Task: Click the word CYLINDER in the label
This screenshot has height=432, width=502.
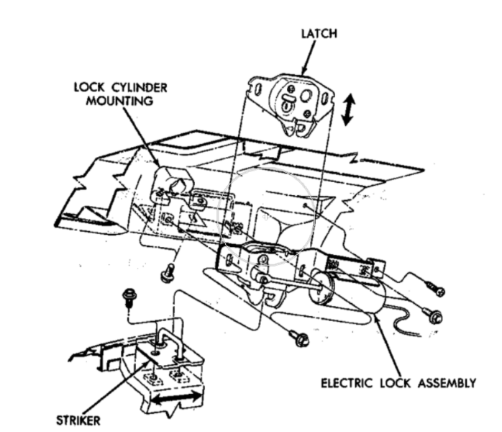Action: pos(134,87)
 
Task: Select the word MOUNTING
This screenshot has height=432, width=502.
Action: pos(121,101)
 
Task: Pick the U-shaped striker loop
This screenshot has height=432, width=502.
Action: pos(169,338)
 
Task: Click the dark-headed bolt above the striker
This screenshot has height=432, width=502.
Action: pos(129,294)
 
